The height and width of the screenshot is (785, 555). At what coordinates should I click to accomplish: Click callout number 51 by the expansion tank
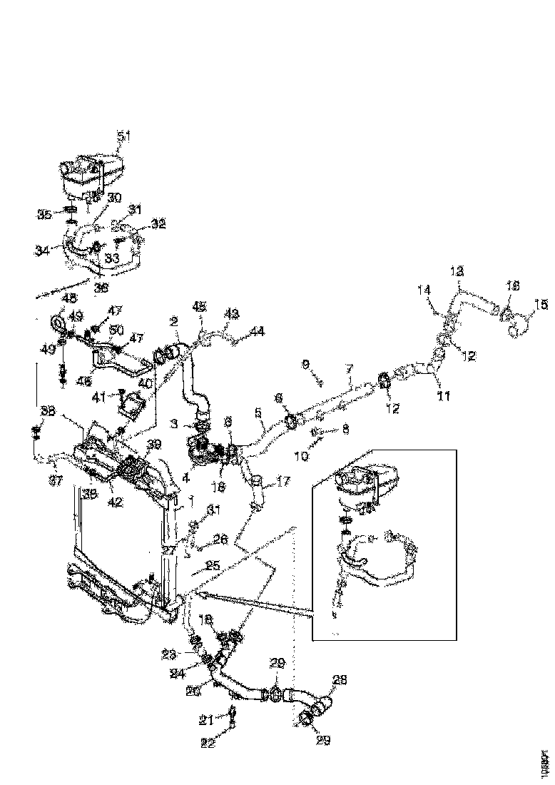point(124,136)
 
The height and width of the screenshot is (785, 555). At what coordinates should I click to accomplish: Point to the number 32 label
point(158,223)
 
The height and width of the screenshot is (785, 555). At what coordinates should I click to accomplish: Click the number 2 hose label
point(174,322)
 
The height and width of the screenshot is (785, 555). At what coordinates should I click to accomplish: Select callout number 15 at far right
point(541,305)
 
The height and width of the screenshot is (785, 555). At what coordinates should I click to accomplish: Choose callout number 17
point(283,482)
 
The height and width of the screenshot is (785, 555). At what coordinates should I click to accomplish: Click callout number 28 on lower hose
point(340,682)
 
